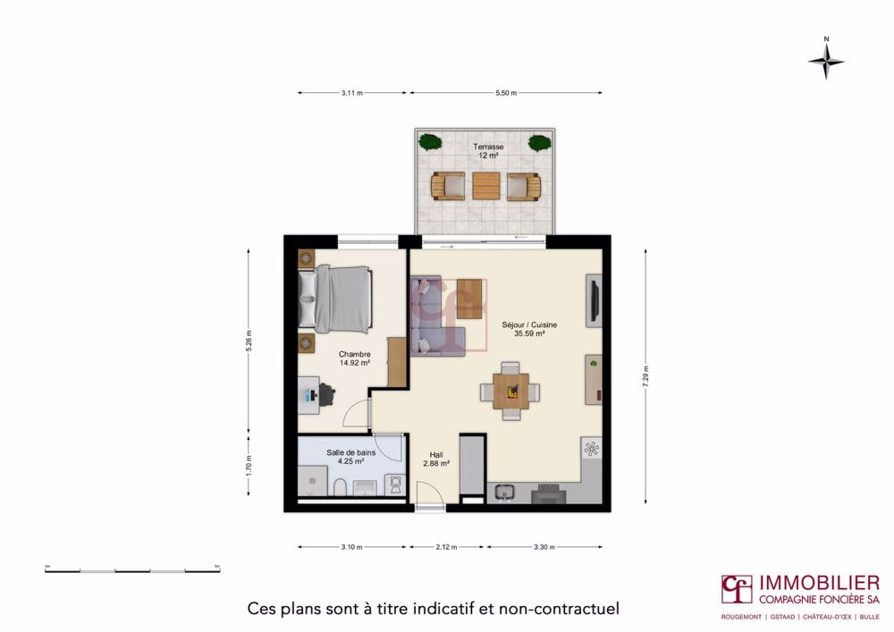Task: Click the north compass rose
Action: click(826, 62)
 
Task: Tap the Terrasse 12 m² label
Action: click(488, 150)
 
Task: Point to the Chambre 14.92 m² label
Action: click(354, 358)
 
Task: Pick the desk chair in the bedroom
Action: click(326, 394)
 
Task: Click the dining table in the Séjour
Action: click(510, 390)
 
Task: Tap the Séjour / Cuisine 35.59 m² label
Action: click(536, 330)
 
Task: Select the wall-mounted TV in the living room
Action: click(592, 301)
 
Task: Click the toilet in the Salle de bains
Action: click(341, 486)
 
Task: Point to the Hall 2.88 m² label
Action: click(435, 459)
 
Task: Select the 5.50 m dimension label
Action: click(505, 92)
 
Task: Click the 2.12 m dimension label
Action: click(446, 547)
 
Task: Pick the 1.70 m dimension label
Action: click(249, 464)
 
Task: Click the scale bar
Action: click(132, 569)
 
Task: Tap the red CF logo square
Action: click(738, 590)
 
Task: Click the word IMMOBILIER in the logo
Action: click(818, 583)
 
